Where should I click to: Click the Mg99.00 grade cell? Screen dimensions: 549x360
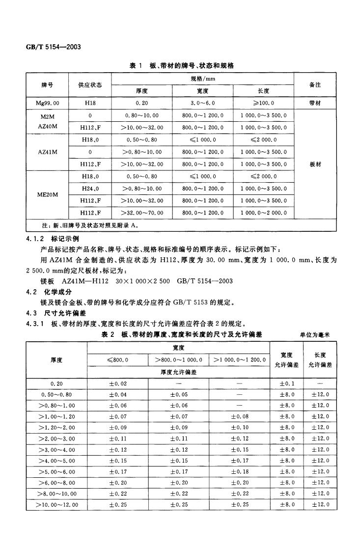point(48,104)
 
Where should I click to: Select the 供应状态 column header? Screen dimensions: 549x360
point(90,85)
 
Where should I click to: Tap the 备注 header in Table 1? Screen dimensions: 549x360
point(315,85)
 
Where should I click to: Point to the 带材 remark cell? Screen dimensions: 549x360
point(315,104)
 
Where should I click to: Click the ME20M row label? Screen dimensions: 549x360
point(48,194)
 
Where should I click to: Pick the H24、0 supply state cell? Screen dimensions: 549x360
point(90,189)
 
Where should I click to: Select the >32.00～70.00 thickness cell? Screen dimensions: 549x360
point(142,213)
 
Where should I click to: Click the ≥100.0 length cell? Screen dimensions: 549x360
point(263,104)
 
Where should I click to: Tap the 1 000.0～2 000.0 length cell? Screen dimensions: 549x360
point(263,213)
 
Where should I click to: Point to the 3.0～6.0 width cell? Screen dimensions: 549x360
point(202,104)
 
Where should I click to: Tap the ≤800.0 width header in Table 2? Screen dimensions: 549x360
point(117,360)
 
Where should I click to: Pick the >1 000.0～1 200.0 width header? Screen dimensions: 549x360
point(239,360)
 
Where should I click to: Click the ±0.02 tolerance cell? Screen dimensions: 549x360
point(117,383)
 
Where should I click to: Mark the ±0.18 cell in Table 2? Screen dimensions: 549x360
point(239,472)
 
